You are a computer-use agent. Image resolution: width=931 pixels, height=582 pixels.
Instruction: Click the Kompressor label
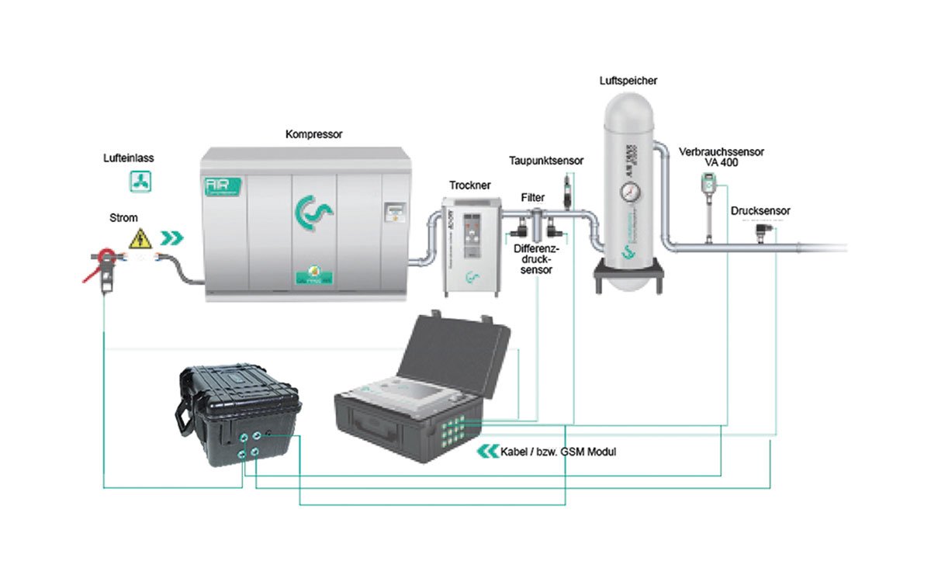click(x=313, y=134)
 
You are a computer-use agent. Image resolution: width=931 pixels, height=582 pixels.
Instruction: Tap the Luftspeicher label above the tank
click(x=628, y=80)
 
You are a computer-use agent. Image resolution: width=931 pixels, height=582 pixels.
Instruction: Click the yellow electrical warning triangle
click(x=140, y=238)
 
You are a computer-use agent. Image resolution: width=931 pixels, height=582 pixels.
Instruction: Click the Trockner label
click(x=469, y=185)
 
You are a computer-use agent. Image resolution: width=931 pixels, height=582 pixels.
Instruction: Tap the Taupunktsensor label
click(x=546, y=161)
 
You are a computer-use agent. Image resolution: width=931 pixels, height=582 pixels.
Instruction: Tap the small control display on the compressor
click(x=396, y=211)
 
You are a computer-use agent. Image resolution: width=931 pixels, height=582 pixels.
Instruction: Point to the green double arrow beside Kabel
click(x=488, y=452)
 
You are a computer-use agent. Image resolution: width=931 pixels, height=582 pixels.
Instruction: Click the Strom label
click(x=123, y=218)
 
